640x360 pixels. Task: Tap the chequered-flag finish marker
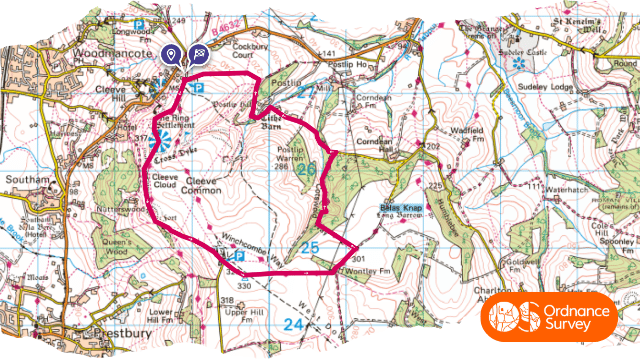pyautogui.click(x=198, y=55)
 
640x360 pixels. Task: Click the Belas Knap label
pyautogui.click(x=402, y=208)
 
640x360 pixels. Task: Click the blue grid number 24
pyautogui.click(x=293, y=325)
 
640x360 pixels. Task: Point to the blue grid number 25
pyautogui.click(x=309, y=246)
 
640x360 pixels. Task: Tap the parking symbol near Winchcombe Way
pyautogui.click(x=239, y=257)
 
